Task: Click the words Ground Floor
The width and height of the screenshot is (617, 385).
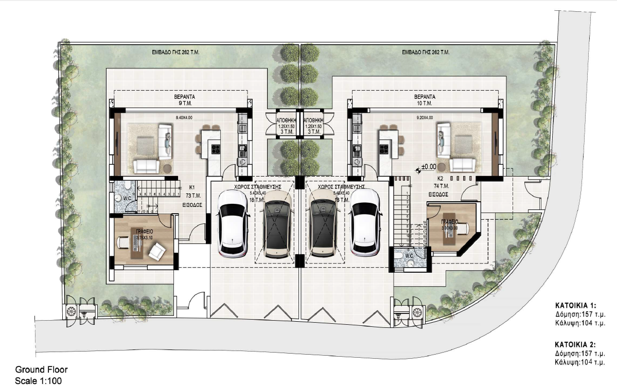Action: pyautogui.click(x=41, y=370)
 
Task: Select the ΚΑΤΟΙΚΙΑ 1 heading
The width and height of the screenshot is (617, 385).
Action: pyautogui.click(x=575, y=305)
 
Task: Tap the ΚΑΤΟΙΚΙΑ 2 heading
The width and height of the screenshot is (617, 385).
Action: pyautogui.click(x=575, y=342)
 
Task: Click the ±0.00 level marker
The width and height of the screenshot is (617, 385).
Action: pyautogui.click(x=429, y=167)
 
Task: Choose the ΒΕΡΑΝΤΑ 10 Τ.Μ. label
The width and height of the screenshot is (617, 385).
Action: pyautogui.click(x=425, y=99)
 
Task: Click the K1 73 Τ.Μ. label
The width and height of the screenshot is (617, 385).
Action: pyautogui.click(x=191, y=191)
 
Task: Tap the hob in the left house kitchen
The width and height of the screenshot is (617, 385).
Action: pyautogui.click(x=216, y=149)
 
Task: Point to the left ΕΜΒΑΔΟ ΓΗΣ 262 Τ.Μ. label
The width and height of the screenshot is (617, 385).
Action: pyautogui.click(x=173, y=52)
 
